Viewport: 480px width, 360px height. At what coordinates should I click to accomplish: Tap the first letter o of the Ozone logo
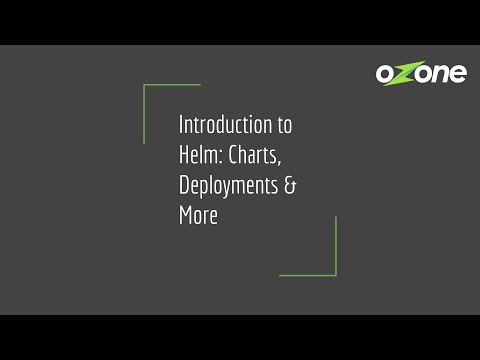[387, 74]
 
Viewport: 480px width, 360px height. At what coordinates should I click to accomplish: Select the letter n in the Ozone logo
[437, 74]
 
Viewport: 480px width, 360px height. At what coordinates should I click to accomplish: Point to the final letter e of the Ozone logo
[456, 74]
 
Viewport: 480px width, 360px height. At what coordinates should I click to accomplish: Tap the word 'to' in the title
[285, 126]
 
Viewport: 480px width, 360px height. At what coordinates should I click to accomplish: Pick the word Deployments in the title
[229, 186]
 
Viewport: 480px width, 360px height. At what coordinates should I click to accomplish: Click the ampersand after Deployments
[291, 186]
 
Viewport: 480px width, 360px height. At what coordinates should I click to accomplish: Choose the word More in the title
[198, 215]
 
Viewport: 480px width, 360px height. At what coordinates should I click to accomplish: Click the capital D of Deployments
[184, 186]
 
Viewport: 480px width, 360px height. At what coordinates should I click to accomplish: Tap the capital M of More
[185, 215]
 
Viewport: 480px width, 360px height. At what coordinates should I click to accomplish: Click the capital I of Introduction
[181, 126]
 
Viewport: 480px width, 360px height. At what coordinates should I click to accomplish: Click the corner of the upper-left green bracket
[144, 85]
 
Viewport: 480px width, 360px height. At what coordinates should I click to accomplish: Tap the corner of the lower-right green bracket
[336, 275]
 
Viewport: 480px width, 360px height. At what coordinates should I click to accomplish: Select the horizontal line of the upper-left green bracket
[172, 85]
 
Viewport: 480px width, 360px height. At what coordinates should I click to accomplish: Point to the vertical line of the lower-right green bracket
[336, 245]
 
